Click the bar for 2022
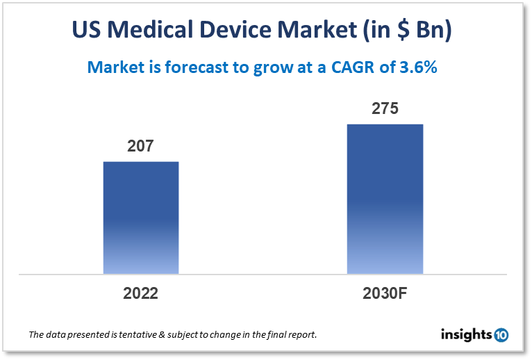coord(141,218)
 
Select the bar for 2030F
coord(385,199)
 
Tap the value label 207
coord(140,147)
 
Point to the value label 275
coord(385,109)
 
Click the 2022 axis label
coord(141,293)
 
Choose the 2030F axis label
coord(385,293)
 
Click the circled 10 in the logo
coord(501,335)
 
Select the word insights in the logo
coord(467,334)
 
